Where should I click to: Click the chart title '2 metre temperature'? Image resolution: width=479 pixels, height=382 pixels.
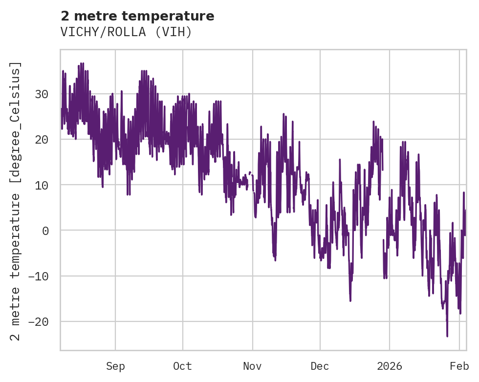tap(137, 17)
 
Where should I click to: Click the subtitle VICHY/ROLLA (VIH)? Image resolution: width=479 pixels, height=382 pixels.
tap(126, 32)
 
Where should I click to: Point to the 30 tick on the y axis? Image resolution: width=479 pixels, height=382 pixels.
tap(42, 94)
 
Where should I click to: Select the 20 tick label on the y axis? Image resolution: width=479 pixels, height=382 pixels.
tap(42, 139)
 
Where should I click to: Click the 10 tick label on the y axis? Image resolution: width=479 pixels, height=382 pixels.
tap(42, 185)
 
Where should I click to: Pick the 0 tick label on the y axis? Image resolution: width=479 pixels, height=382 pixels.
tap(45, 231)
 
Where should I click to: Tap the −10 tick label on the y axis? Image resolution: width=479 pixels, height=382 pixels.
tap(39, 276)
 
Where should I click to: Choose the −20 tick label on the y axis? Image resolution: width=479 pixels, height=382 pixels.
tap(39, 321)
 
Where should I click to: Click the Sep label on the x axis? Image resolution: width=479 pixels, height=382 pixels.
tap(115, 366)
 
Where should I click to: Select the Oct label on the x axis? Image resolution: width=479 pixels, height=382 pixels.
tap(182, 366)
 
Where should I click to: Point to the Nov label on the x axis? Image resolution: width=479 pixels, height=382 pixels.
tap(253, 366)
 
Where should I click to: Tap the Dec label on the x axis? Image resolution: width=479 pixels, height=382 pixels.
tap(320, 366)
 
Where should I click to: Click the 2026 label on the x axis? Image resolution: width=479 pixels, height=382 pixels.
tap(390, 366)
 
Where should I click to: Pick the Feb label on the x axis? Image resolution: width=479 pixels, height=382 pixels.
tap(459, 366)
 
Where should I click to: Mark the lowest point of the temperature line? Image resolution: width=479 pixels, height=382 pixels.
tap(447, 336)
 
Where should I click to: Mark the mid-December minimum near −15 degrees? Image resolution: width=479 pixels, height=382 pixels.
tap(350, 300)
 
